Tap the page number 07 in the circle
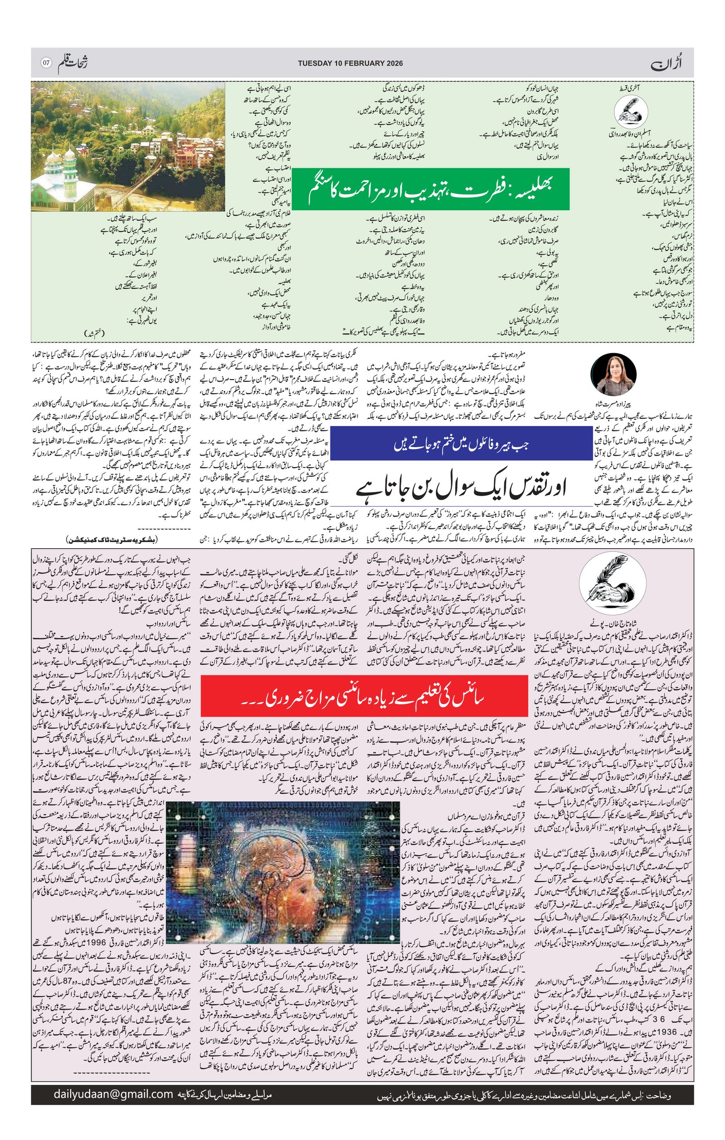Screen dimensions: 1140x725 46,63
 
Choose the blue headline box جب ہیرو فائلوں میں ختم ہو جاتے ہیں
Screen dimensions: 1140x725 461,444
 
